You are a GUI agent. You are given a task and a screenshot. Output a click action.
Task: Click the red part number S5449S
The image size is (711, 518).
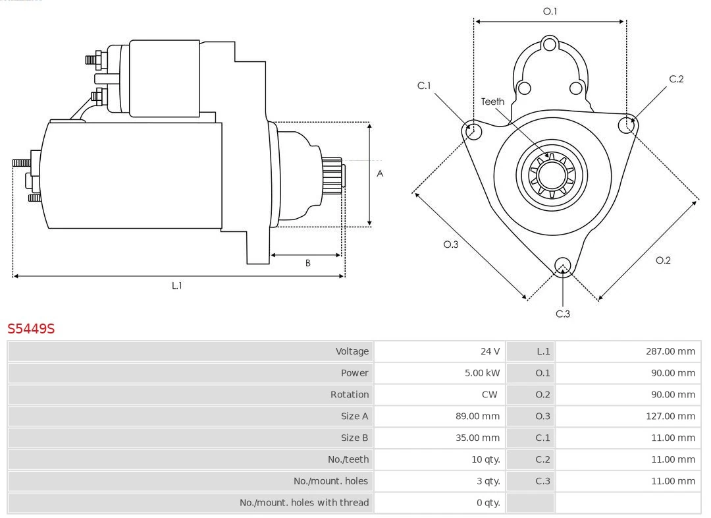pos(31,328)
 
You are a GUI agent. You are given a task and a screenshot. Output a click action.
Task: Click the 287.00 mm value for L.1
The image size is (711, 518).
pos(670,351)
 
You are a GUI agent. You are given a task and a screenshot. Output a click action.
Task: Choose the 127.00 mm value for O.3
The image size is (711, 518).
pos(670,416)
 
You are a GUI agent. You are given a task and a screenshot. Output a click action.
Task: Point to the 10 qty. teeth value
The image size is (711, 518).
pos(485,459)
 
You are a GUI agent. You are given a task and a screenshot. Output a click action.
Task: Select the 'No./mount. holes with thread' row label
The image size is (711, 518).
pos(304,502)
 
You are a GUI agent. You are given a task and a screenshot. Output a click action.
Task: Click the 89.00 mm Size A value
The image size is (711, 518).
pos(478,416)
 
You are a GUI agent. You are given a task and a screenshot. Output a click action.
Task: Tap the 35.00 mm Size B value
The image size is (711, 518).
pos(478,438)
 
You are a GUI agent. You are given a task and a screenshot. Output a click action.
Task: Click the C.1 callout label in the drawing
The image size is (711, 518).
pos(424,86)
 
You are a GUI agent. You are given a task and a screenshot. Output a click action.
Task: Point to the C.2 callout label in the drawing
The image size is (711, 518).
pos(676,79)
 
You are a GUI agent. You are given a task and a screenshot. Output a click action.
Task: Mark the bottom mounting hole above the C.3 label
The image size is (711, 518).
pos(562,266)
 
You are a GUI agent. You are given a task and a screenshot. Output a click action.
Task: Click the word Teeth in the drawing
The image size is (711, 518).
pos(492,101)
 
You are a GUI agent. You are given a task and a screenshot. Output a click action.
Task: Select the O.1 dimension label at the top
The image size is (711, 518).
pos(550,11)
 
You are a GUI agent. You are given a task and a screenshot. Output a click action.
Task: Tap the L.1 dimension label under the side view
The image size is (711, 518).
pos(176,286)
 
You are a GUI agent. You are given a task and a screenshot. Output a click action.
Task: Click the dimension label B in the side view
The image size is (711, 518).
pos(307,263)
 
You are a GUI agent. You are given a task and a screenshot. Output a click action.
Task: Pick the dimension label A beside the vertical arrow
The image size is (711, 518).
pos(380,174)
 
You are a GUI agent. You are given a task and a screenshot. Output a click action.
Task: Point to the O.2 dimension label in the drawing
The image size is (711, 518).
pos(663,260)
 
